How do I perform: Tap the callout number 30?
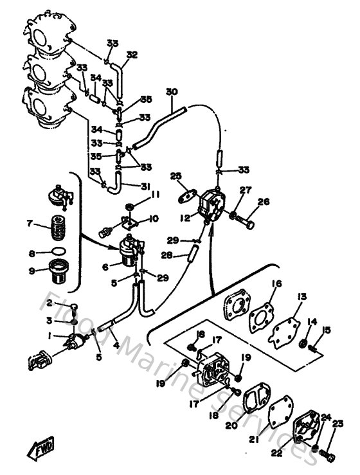[171, 91]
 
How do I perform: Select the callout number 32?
[132, 55]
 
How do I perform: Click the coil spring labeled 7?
[59, 226]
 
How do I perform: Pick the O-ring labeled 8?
[58, 250]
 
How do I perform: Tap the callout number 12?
[186, 218]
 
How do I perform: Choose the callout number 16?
[276, 283]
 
